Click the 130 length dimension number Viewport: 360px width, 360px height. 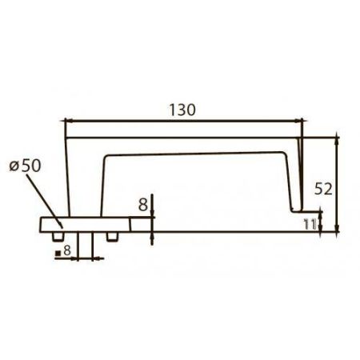pyautogui.click(x=183, y=109)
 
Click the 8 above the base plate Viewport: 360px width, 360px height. pyautogui.click(x=142, y=204)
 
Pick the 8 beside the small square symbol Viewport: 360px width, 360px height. pyautogui.click(x=67, y=252)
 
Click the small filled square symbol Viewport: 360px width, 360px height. pyautogui.click(x=58, y=254)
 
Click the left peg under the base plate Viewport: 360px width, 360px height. pyautogui.click(x=58, y=237)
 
